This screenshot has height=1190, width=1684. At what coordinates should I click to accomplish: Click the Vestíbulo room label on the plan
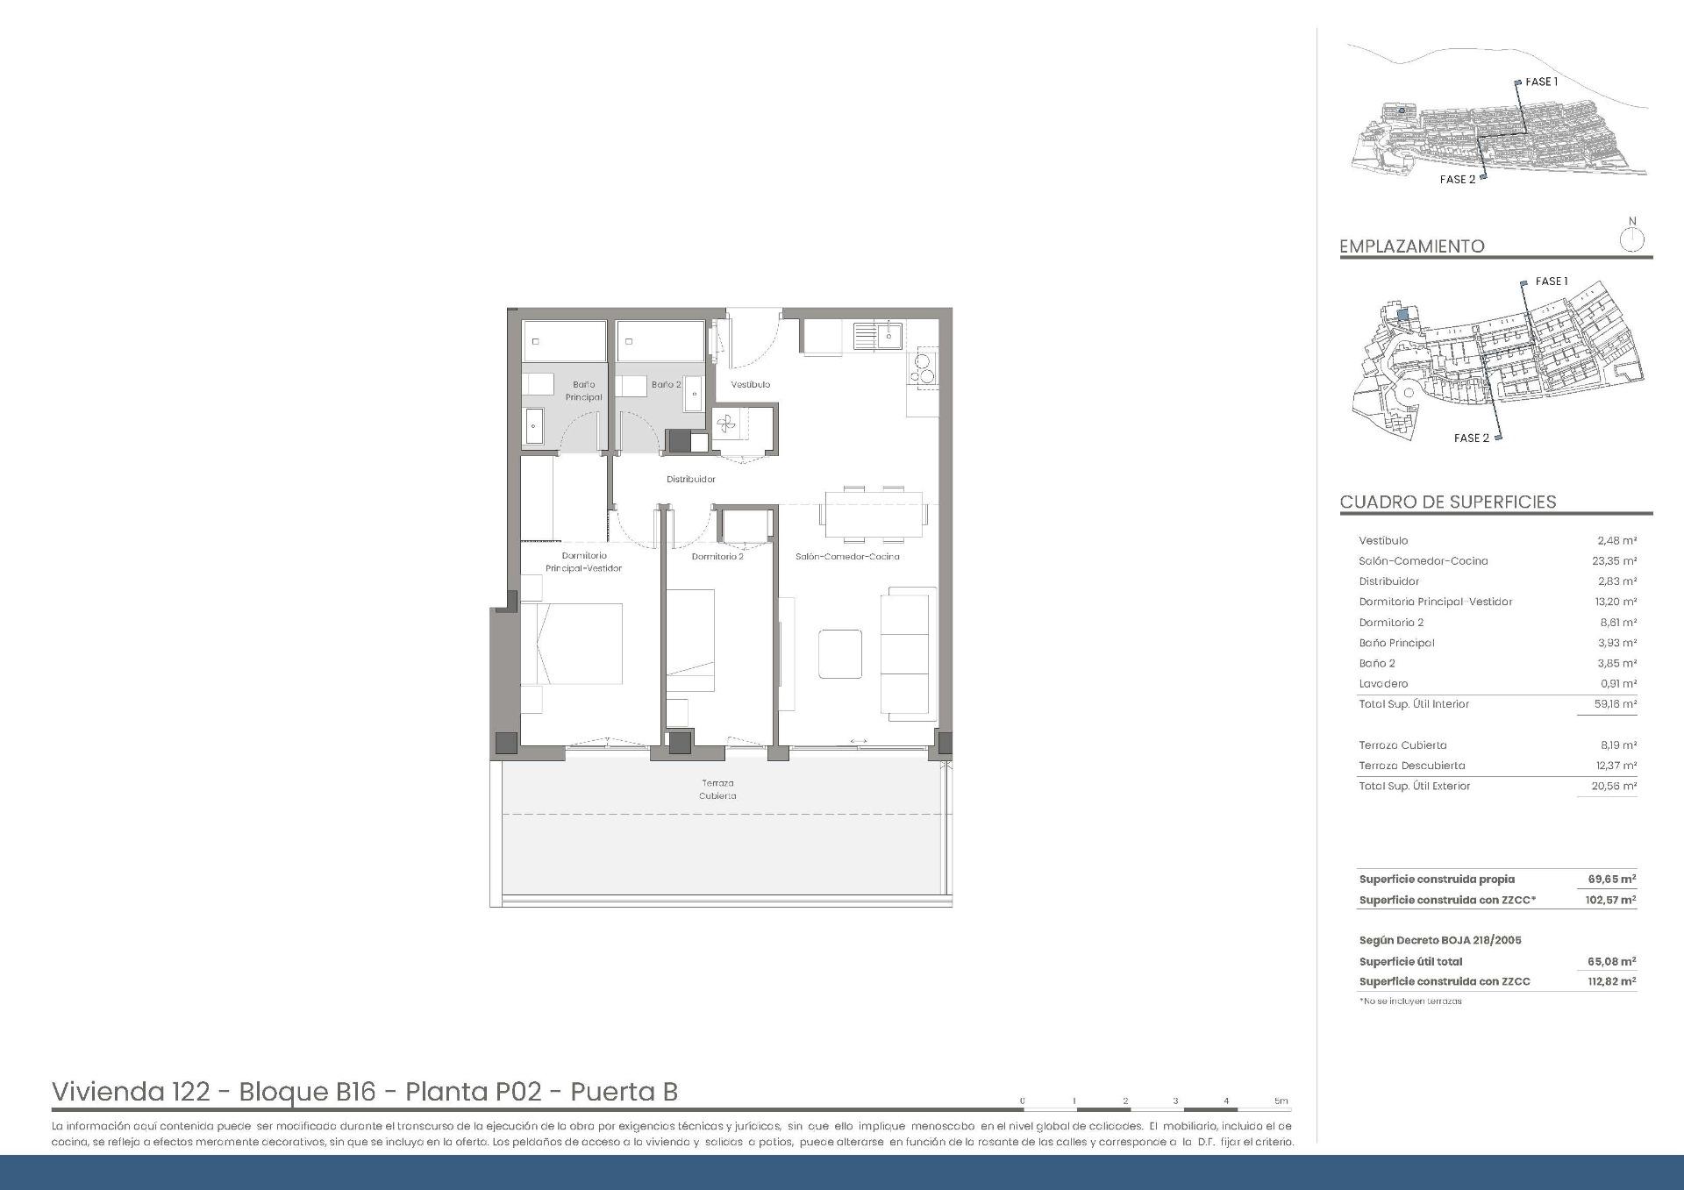(750, 385)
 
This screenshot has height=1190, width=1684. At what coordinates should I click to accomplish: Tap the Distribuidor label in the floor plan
(690, 480)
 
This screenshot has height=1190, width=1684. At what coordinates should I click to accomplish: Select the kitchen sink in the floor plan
(877, 334)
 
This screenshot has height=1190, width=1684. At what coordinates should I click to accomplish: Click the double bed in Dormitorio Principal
(572, 644)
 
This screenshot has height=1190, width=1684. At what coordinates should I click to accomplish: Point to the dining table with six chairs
(874, 514)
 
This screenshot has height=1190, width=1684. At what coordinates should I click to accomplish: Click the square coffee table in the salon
(839, 653)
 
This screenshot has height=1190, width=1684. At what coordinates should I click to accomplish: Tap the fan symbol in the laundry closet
(726, 426)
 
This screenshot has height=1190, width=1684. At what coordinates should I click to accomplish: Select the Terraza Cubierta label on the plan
(717, 789)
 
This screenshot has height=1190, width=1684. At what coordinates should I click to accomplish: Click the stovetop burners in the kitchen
(924, 368)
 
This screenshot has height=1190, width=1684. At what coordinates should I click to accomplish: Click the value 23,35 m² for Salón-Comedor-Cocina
(1616, 561)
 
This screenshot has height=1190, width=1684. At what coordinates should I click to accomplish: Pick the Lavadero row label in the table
(1383, 684)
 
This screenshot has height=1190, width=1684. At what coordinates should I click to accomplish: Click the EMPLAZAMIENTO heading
(1411, 246)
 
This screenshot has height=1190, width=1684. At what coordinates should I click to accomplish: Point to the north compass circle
(1631, 239)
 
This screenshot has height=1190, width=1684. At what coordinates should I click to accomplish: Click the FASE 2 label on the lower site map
(1471, 438)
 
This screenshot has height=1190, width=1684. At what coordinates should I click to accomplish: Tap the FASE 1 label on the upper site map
(1541, 82)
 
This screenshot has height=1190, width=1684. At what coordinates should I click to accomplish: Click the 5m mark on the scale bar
(1281, 1101)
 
